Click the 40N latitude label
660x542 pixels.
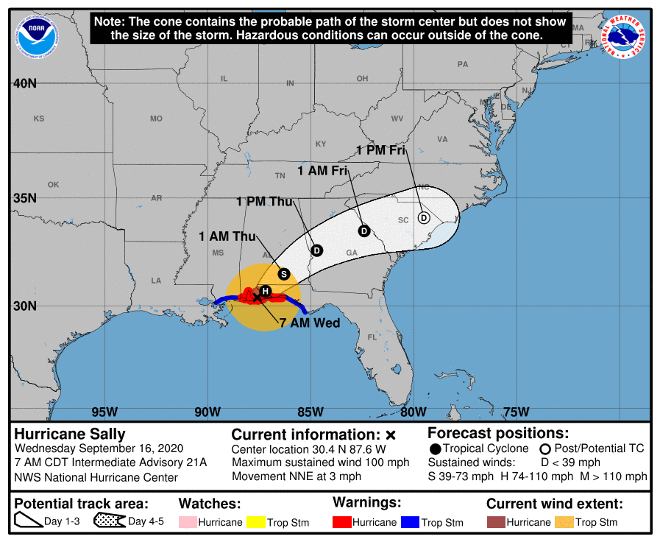(x=24, y=83)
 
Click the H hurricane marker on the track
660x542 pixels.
(x=266, y=292)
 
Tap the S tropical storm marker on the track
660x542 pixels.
(x=284, y=274)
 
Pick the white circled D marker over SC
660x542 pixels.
(x=424, y=217)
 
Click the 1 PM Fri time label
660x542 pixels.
(x=381, y=149)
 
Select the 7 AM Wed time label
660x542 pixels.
(x=310, y=323)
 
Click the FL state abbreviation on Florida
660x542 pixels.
(x=372, y=337)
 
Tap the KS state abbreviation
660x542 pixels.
(x=39, y=119)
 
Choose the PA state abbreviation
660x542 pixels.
(x=463, y=64)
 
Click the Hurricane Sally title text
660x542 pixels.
(x=70, y=434)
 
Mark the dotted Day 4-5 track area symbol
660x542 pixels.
(x=110, y=522)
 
